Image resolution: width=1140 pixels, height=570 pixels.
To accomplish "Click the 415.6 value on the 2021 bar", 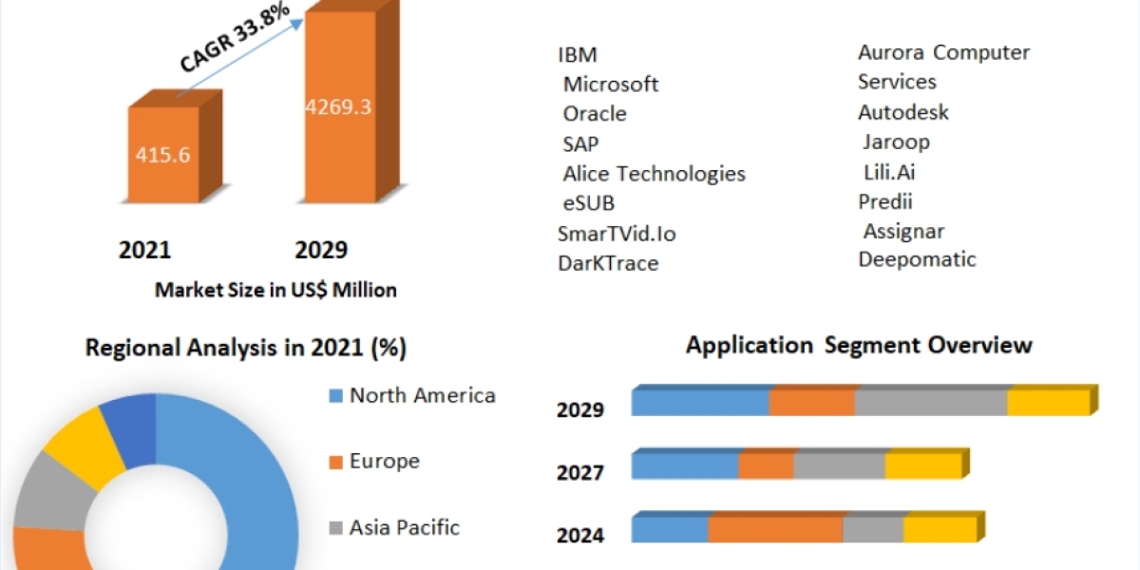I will tap(162, 154).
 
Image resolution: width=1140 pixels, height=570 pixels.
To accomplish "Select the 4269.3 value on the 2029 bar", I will tap(337, 105).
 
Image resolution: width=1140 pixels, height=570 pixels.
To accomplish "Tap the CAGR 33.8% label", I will tap(235, 41).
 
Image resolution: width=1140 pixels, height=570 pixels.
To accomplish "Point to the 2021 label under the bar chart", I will tap(144, 250).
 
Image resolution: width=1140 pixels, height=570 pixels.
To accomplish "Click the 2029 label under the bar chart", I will tap(321, 250).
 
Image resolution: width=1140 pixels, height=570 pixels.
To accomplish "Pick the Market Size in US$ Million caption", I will tap(275, 290).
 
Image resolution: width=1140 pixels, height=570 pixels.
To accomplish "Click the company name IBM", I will tap(578, 54).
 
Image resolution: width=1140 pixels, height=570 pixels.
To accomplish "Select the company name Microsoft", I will tap(610, 84).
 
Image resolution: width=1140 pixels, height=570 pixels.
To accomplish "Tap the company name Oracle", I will tap(595, 113).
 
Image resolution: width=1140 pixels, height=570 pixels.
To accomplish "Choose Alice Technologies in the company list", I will tap(654, 173).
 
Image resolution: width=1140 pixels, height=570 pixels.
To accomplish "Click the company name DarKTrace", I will tap(608, 263).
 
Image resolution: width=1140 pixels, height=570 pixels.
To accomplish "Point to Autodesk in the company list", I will tap(903, 112).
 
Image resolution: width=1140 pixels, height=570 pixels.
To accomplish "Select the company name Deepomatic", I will tap(917, 258).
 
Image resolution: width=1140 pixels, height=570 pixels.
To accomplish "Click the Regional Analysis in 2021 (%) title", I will tap(246, 348).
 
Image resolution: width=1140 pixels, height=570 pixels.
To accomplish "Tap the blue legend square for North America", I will tap(334, 396).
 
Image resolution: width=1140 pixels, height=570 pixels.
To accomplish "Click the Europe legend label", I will tap(384, 462).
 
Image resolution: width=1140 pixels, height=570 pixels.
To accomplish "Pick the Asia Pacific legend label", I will tap(404, 527).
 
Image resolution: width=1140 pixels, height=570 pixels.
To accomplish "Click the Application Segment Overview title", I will tap(859, 344).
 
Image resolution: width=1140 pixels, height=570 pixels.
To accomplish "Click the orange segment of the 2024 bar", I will tap(775, 529).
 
